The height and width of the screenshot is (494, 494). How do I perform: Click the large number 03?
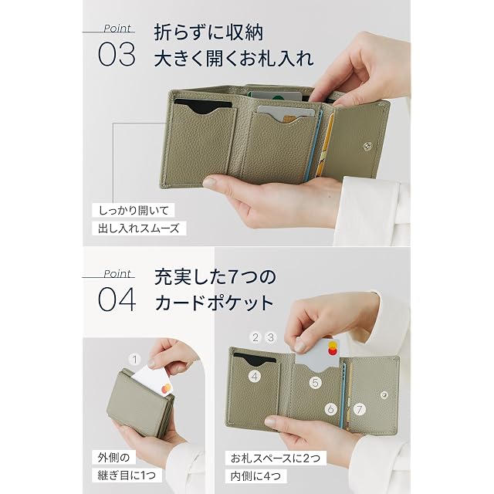pyautogui.click(x=117, y=55)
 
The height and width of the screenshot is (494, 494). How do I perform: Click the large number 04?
pyautogui.click(x=117, y=299)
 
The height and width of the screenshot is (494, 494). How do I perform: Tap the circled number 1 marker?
pyautogui.click(x=135, y=360)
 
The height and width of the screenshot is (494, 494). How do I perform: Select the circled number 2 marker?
pyautogui.click(x=255, y=337)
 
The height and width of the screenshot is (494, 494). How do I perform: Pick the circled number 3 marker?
pyautogui.click(x=271, y=337)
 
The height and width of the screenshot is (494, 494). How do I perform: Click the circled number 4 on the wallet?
pyautogui.click(x=255, y=376)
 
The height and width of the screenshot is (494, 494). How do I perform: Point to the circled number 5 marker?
pyautogui.click(x=315, y=383)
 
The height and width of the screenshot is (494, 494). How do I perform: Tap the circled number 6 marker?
pyautogui.click(x=331, y=409)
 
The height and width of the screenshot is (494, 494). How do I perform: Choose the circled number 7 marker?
pyautogui.click(x=359, y=409)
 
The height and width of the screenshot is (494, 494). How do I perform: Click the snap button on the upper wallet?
pyautogui.click(x=367, y=145)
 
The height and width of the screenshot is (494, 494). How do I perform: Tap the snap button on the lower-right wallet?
pyautogui.click(x=384, y=394)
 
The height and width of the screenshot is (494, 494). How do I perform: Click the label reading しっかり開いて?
pyautogui.click(x=134, y=211)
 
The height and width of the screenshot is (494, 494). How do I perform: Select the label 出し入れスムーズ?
pyautogui.click(x=139, y=228)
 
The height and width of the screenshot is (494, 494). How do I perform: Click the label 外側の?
pyautogui.click(x=114, y=457)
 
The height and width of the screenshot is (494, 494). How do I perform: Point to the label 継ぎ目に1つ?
pyautogui.click(x=127, y=475)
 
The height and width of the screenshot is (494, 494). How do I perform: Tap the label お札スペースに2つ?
pyautogui.click(x=276, y=458)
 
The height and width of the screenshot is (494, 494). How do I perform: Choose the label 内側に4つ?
pyautogui.click(x=255, y=476)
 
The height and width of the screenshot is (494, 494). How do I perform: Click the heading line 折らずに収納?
pyautogui.click(x=208, y=32)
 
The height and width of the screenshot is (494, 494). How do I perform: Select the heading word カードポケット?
pyautogui.click(x=215, y=303)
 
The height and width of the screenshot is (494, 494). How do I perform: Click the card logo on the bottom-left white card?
pyautogui.click(x=167, y=389)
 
